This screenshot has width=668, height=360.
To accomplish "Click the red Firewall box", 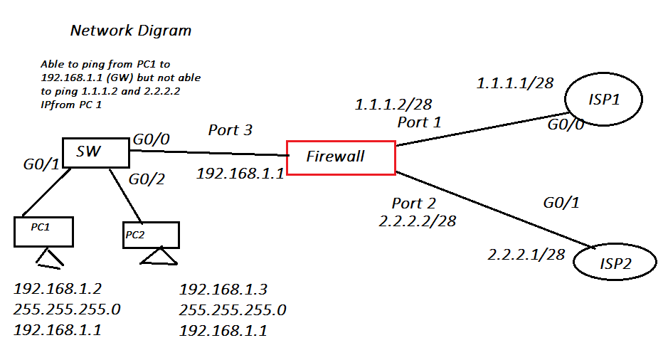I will click(x=341, y=157).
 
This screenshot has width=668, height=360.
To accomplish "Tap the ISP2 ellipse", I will click(x=615, y=264).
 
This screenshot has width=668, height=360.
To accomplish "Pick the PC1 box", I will click(x=43, y=231).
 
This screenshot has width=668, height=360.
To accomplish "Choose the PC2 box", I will click(x=150, y=235).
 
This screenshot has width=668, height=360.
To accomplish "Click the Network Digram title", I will click(x=131, y=31).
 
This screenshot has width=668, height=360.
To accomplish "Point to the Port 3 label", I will click(x=230, y=130).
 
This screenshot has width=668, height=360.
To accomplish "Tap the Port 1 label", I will click(x=419, y=122).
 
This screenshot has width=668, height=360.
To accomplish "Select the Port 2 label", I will click(x=413, y=203).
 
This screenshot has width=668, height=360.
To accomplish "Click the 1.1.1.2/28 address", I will click(x=393, y=105).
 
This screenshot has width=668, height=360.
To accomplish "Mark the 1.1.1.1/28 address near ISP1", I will click(x=514, y=83).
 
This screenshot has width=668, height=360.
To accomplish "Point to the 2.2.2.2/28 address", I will click(x=418, y=221).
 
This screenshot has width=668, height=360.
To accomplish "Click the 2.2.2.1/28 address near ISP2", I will click(x=526, y=254).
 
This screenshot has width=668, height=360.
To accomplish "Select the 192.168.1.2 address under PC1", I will click(x=58, y=290).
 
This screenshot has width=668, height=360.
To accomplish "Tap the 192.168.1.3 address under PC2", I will click(x=223, y=290).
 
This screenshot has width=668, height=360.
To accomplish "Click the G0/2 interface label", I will click(x=147, y=179).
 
